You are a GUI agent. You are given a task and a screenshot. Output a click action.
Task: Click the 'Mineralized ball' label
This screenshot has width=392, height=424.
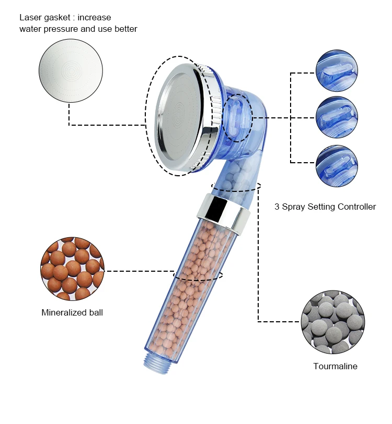tap(72, 313)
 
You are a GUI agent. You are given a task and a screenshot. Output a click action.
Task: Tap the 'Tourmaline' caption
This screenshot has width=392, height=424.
tap(335, 366)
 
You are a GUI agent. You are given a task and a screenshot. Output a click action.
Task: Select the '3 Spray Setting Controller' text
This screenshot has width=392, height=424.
tap(325, 207)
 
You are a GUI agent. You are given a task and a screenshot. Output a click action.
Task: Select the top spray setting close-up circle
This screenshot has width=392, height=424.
tap(337, 72)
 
